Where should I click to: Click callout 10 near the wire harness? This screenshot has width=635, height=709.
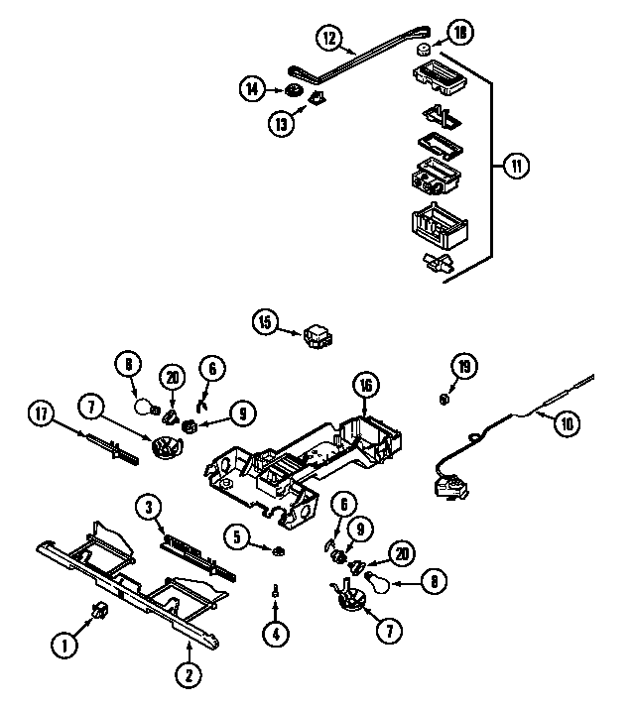click(x=566, y=424)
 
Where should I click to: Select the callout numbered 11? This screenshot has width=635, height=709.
click(x=515, y=167)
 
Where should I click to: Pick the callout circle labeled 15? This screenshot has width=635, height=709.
click(x=265, y=321)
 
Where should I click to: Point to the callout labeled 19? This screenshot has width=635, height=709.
click(x=461, y=366)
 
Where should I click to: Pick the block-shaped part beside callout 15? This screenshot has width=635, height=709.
click(x=318, y=337)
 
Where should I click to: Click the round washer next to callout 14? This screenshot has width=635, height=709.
click(x=294, y=90)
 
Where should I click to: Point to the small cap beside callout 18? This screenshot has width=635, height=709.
click(x=423, y=49)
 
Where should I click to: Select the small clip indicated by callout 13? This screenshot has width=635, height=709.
click(x=318, y=97)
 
